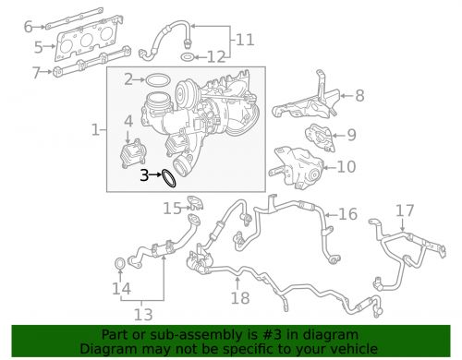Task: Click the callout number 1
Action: (96, 131)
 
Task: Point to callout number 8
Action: (359, 94)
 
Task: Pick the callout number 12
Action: (215, 57)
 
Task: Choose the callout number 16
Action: (347, 214)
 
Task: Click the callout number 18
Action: (240, 298)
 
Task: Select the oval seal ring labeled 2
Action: (159, 80)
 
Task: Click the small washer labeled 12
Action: (188, 58)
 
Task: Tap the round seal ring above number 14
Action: (121, 267)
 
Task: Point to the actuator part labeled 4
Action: (131, 151)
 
